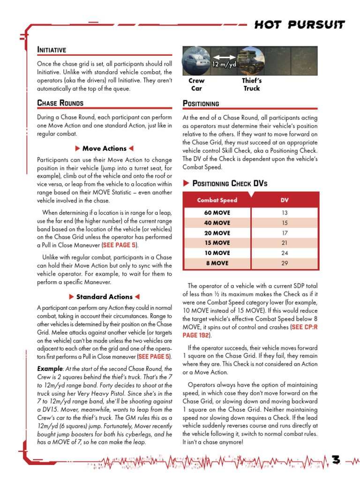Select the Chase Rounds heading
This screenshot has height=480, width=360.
pos(60,103)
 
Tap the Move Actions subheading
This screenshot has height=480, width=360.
pos(105,149)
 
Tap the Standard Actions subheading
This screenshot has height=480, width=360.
pos(105,297)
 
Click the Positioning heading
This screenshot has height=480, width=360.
pos(201,104)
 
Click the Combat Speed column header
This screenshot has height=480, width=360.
pos(217,200)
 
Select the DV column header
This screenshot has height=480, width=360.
pos(285,200)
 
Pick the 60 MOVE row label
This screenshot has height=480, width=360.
pos(217,213)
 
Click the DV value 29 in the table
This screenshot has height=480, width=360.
pos(285,263)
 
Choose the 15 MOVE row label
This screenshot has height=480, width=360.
pos(217,243)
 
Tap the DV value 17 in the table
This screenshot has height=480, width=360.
pos(285,233)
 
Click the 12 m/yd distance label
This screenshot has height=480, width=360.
pos(224,65)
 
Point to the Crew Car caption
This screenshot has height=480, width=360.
pos(196,84)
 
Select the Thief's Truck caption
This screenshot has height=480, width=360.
pos(252,84)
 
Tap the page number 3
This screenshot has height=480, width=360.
pos(336,460)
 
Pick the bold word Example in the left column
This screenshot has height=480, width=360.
pos(50,368)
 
